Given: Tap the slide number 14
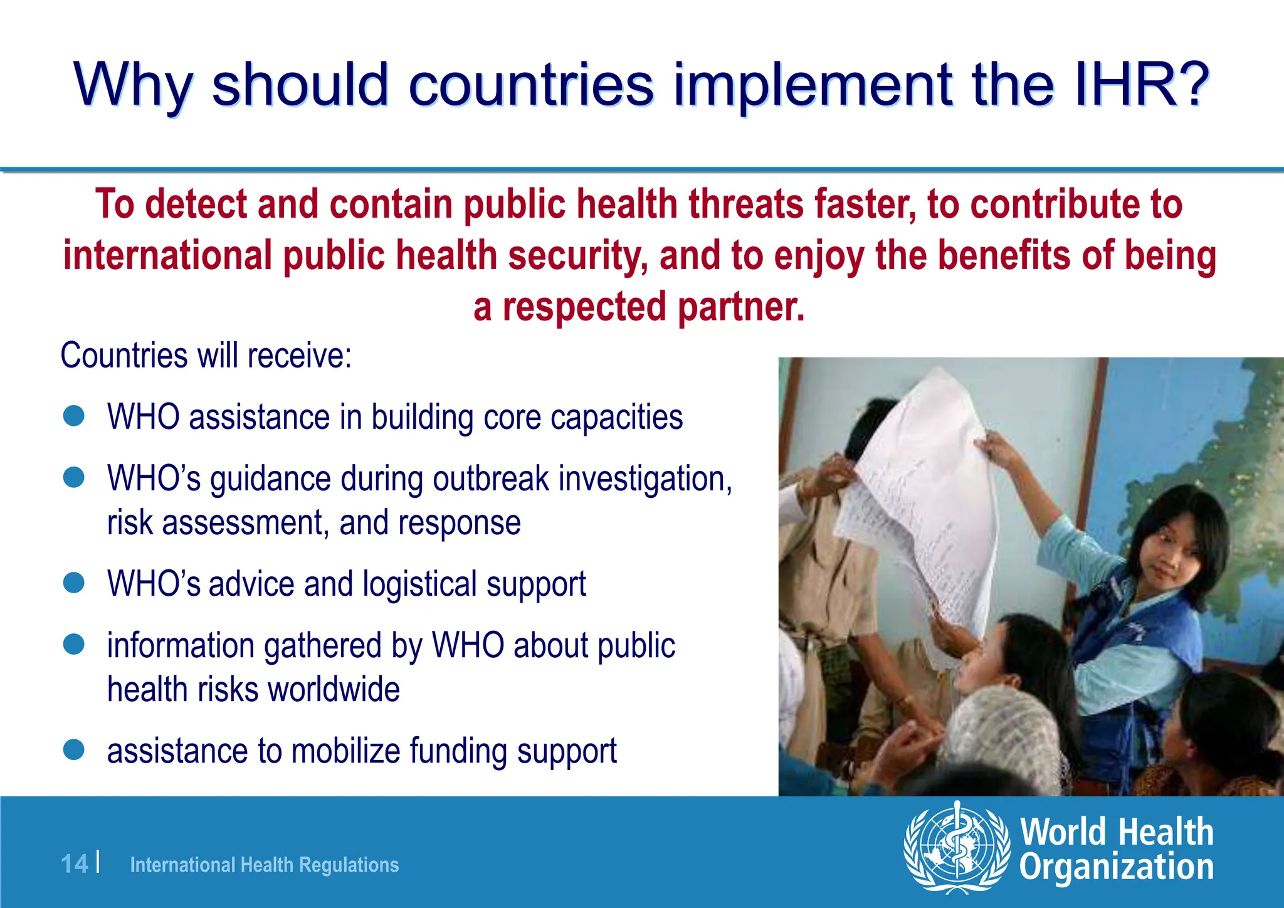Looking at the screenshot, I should [75, 864].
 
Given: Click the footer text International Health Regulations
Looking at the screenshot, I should [264, 865].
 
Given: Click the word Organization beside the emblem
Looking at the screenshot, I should [1116, 868].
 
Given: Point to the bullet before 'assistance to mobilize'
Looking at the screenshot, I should [74, 749].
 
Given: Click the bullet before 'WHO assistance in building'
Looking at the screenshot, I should [74, 416].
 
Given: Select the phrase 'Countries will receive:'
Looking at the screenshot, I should [206, 356].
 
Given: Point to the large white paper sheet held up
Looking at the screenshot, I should [922, 495].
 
